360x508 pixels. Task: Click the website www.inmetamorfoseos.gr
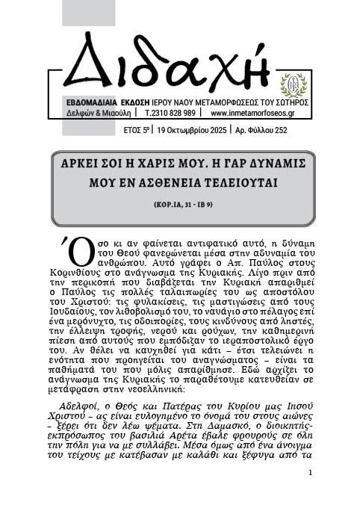pos(253,114)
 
